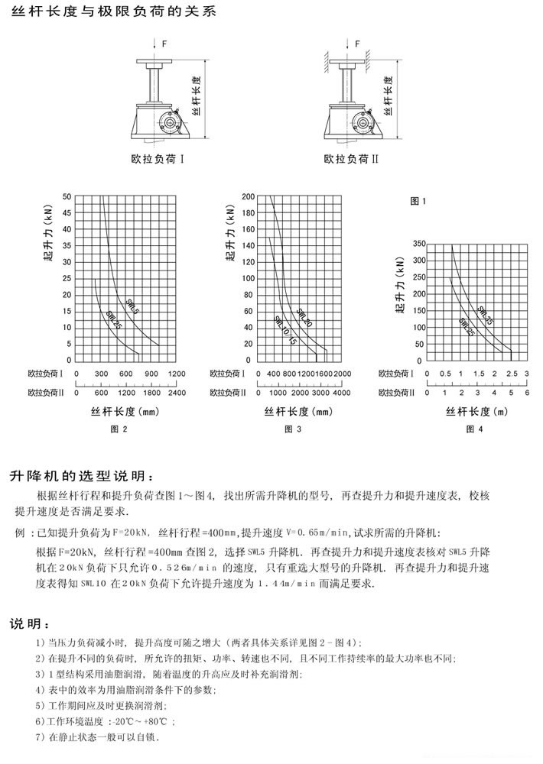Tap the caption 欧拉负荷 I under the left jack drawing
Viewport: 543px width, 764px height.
[x=154, y=160]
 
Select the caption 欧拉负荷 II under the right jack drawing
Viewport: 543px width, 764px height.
[x=348, y=160]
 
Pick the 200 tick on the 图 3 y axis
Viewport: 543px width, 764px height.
[x=248, y=196]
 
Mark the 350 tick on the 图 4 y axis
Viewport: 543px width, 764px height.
[x=418, y=244]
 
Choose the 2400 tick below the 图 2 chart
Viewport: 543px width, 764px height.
[x=176, y=393]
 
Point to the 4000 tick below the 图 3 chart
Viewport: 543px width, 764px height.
[x=341, y=393]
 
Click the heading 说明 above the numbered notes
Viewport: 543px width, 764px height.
[x=30, y=623]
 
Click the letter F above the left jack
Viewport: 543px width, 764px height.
[x=163, y=44]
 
